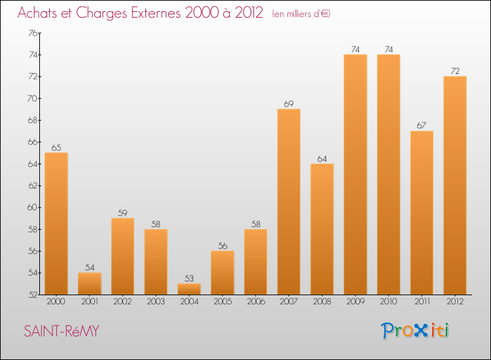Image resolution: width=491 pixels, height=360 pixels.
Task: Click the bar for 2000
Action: pyautogui.click(x=56, y=223)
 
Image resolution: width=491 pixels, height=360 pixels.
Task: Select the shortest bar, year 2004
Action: pyautogui.click(x=189, y=289)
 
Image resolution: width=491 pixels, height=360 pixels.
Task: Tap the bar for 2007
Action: pyautogui.click(x=289, y=202)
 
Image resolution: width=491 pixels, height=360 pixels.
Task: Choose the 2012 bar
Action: pyautogui.click(x=454, y=185)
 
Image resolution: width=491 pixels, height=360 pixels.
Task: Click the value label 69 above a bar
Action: pyautogui.click(x=289, y=103)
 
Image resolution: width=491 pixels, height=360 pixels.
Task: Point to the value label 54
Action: pyautogui.click(x=90, y=267)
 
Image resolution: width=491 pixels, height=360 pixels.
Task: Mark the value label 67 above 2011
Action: pyautogui.click(x=421, y=125)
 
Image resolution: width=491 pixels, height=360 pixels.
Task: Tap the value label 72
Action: pyautogui.click(x=454, y=71)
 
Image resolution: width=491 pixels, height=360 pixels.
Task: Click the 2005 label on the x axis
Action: pyautogui.click(x=222, y=302)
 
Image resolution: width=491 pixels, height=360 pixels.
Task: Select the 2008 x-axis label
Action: pyautogui.click(x=321, y=302)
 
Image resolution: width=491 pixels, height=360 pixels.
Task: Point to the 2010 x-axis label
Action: pyautogui.click(x=388, y=302)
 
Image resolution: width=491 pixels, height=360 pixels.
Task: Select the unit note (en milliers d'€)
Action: pyautogui.click(x=301, y=14)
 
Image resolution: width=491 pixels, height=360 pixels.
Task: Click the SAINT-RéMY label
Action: pyautogui.click(x=61, y=331)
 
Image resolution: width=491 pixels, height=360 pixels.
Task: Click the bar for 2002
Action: pyautogui.click(x=122, y=256)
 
